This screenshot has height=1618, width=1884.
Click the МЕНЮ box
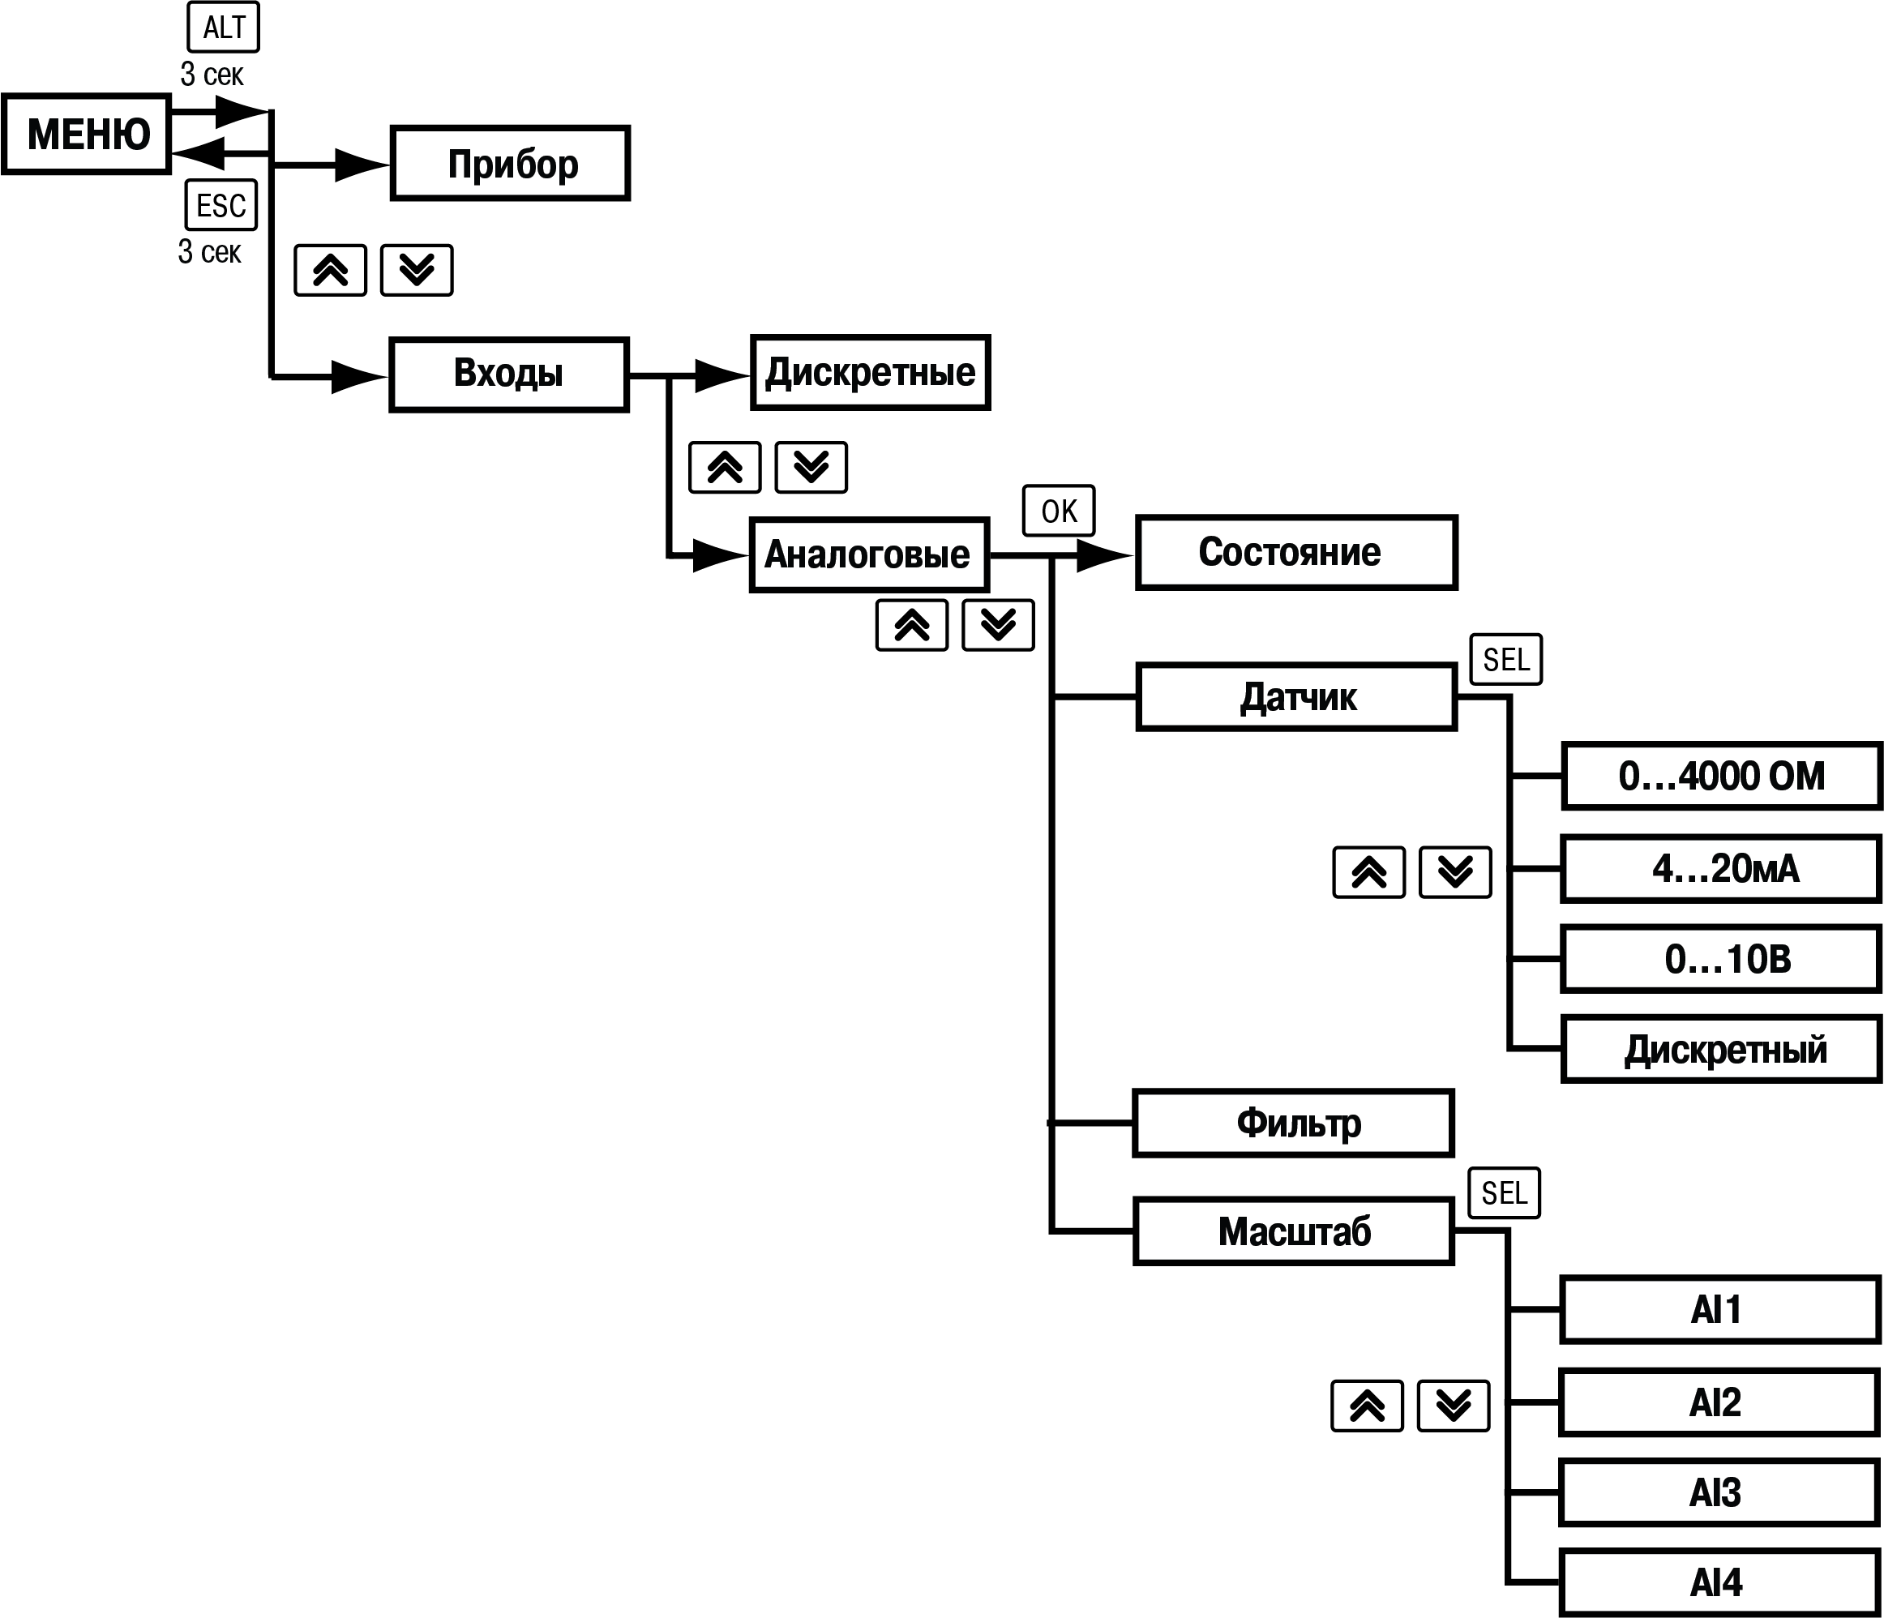coord(87,134)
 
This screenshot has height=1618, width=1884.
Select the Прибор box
coord(510,164)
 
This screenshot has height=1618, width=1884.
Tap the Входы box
coord(508,375)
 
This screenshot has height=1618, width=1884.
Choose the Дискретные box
coord(870,373)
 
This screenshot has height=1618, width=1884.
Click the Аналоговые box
coord(868,554)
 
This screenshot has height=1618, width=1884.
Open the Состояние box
coord(1295,553)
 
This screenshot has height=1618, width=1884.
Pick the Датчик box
coord(1295,697)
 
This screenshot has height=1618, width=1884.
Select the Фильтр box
coord(1293,1123)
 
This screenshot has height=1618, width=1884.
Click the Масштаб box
coord(1293,1231)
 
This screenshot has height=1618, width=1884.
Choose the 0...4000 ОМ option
coord(1720,777)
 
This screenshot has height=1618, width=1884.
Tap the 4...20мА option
coord(1720,869)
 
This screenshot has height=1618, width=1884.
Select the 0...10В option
coord(1720,959)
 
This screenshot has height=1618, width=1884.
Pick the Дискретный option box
coord(1720,1050)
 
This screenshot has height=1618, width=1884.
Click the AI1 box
coord(1719,1310)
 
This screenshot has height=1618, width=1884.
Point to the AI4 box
coord(1719,1582)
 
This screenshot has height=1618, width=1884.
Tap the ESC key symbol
coord(221,205)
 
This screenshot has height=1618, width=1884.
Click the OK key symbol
coord(1059,511)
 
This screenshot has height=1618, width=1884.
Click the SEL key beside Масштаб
coord(1504,1192)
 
